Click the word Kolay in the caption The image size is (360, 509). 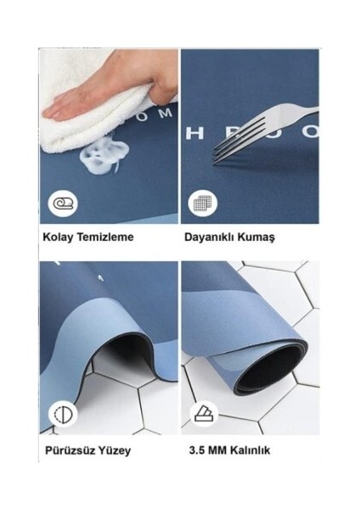click(x=55, y=238)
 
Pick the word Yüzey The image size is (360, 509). click(x=113, y=450)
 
